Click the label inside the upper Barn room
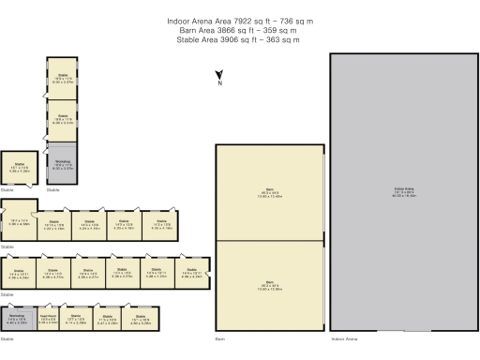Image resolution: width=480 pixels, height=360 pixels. pyautogui.click(x=269, y=194)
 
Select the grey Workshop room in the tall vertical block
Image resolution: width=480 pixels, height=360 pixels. pyautogui.click(x=63, y=163)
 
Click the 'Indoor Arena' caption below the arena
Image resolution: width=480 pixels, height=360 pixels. pyautogui.click(x=344, y=337)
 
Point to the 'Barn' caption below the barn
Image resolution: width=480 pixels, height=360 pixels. pyautogui.click(x=220, y=337)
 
